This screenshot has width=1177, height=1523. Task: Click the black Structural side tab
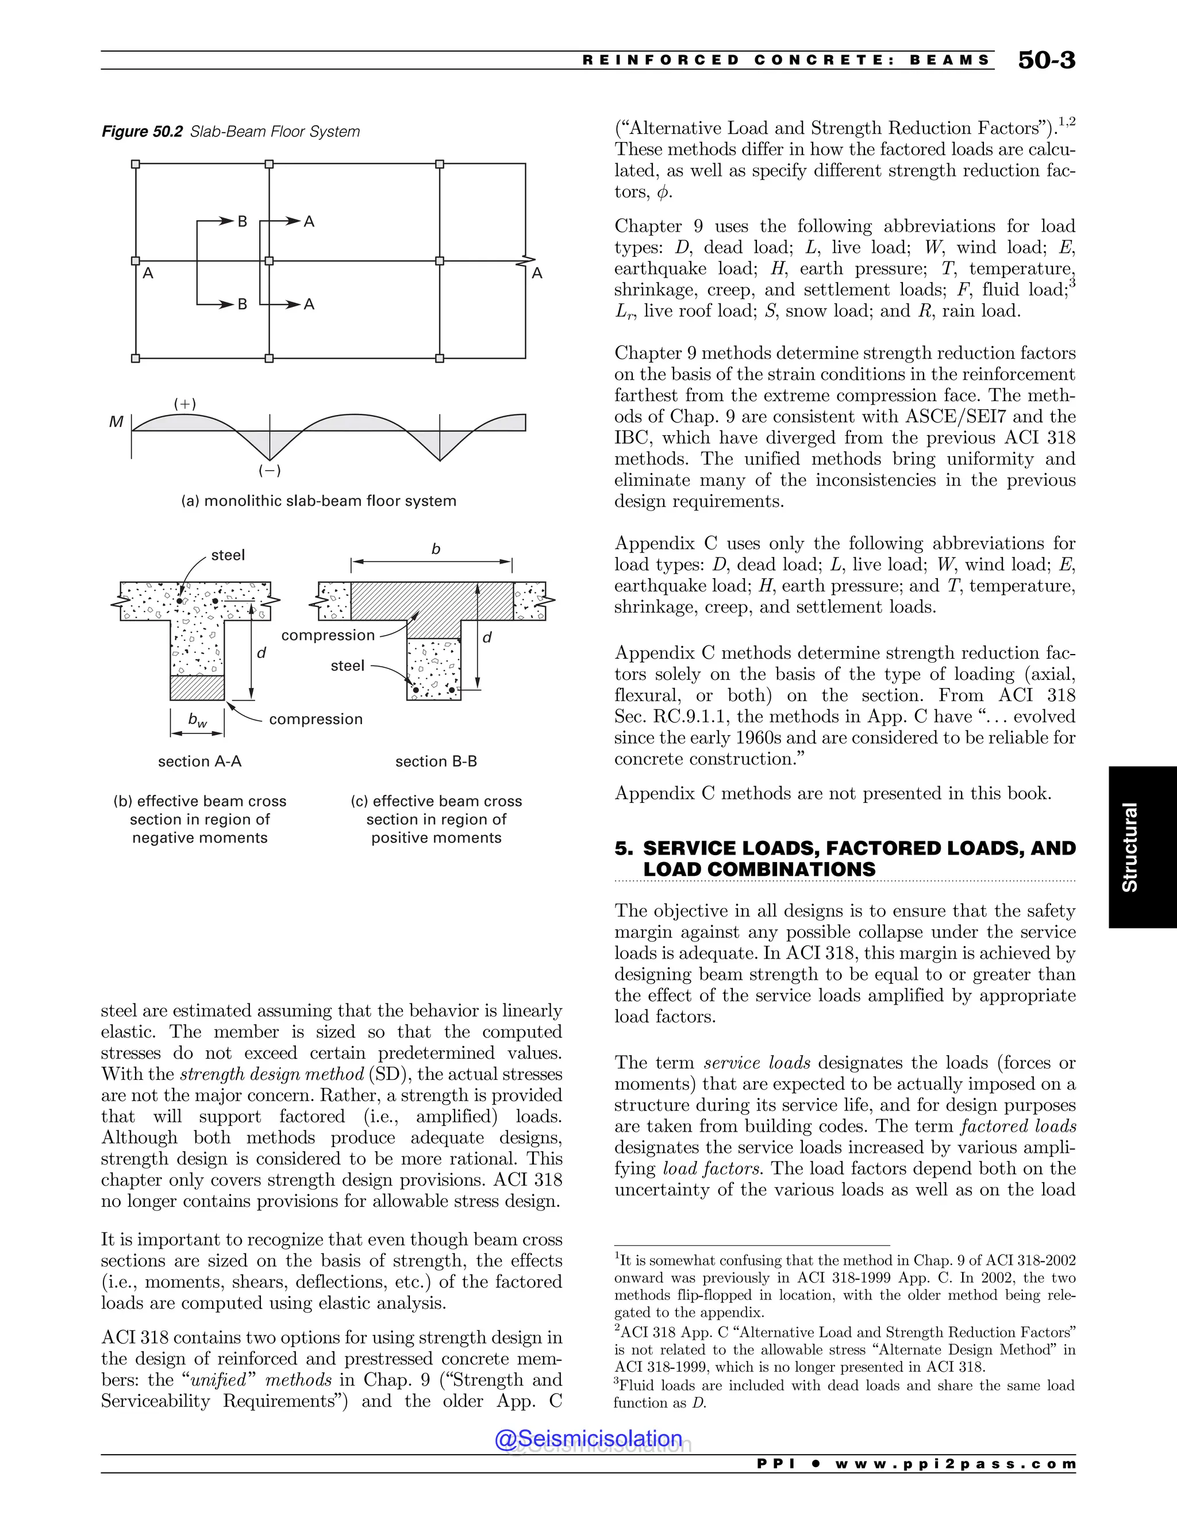tap(1142, 847)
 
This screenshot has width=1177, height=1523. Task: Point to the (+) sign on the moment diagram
tap(185, 404)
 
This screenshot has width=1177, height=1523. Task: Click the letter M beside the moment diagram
tap(116, 422)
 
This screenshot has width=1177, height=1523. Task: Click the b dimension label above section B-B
tap(436, 549)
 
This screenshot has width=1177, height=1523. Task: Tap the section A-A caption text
tap(199, 761)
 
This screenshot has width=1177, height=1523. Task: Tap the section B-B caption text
tap(436, 761)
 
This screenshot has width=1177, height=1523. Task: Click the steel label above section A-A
tap(228, 555)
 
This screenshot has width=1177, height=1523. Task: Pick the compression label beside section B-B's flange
tap(328, 635)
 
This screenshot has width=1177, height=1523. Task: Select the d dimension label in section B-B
tap(487, 637)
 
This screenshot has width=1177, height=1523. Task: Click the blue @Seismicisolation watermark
tap(588, 1439)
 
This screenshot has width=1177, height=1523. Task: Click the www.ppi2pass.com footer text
tap(955, 1464)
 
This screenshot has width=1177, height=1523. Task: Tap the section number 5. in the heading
tap(624, 849)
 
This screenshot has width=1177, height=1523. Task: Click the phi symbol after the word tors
tap(663, 193)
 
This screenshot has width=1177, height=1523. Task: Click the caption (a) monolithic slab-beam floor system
tap(318, 501)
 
